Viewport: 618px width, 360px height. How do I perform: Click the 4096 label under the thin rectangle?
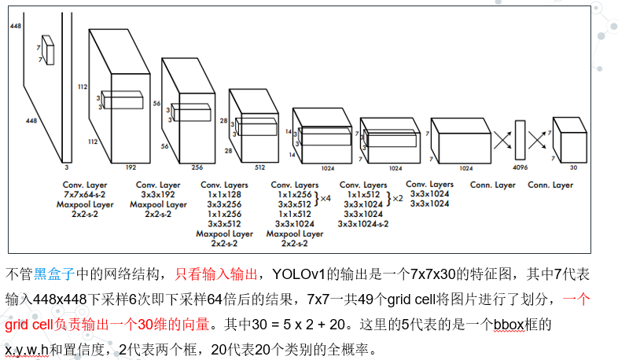[521, 167]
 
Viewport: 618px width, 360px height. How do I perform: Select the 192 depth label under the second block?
[131, 167]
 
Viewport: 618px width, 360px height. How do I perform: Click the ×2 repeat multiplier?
[397, 199]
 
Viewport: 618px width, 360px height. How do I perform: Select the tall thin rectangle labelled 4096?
[520, 140]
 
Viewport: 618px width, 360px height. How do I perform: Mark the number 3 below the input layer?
[66, 167]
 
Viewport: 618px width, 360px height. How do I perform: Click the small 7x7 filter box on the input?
[49, 49]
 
